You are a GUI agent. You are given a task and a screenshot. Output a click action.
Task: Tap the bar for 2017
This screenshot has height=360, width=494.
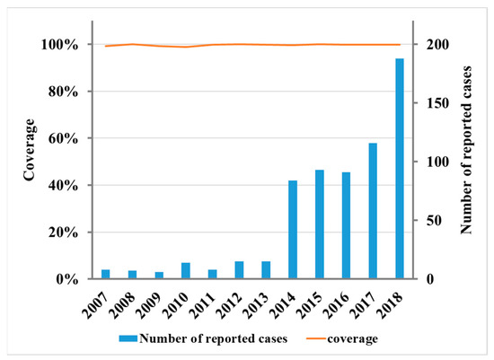pyautogui.click(x=373, y=211)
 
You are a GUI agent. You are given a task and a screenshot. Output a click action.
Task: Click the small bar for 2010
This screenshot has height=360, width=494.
pyautogui.click(x=186, y=271)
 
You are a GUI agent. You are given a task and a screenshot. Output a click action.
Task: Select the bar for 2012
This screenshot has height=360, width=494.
pyautogui.click(x=239, y=270)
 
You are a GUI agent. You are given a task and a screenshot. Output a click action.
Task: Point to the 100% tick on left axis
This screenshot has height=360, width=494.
pyautogui.click(x=64, y=45)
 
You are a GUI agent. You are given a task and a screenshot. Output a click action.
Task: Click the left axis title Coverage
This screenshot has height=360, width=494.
pyautogui.click(x=31, y=162)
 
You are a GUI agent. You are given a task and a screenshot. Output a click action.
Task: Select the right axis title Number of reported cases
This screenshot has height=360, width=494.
pyautogui.click(x=466, y=162)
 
